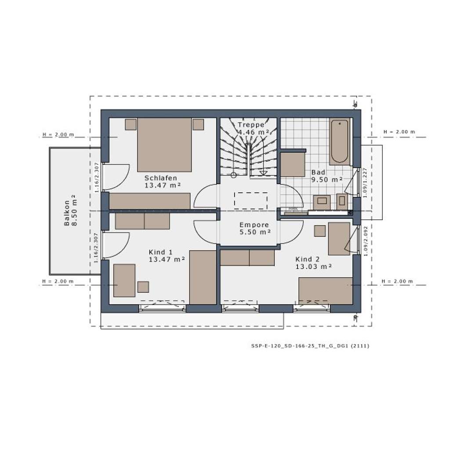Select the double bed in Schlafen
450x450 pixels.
(x=164, y=145)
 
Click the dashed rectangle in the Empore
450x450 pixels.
(x=251, y=200)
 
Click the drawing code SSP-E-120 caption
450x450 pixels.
(x=307, y=346)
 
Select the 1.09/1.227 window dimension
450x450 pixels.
(x=364, y=181)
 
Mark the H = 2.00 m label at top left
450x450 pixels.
(x=58, y=134)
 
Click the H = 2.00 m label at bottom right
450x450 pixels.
(x=397, y=281)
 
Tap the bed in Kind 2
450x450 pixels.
(x=326, y=290)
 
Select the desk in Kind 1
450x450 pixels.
(x=124, y=280)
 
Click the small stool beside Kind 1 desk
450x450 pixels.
(x=143, y=287)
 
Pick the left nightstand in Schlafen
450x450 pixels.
(x=131, y=124)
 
